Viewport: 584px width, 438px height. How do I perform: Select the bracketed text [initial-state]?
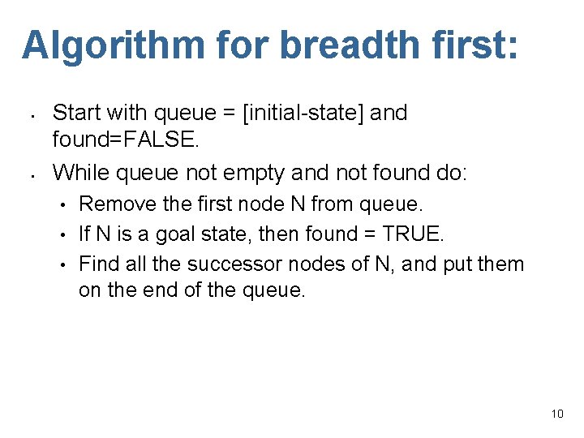[305, 113]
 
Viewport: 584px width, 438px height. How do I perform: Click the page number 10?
[556, 414]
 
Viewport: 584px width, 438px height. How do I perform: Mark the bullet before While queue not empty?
[28, 174]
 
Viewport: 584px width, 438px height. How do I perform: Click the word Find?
[99, 264]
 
